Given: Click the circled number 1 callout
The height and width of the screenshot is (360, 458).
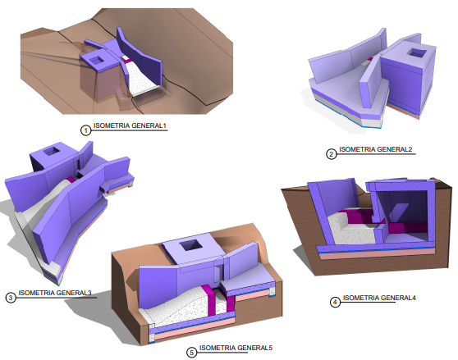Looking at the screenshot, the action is (85, 130).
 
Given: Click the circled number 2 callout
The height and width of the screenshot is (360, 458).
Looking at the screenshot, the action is (331, 153).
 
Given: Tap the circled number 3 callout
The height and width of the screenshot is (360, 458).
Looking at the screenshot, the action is (11, 298).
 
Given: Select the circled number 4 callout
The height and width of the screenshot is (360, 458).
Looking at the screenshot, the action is (335, 302).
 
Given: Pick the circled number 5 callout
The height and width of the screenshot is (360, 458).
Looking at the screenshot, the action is (191, 353).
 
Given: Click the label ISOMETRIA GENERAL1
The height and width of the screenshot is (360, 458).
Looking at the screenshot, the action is (130, 125).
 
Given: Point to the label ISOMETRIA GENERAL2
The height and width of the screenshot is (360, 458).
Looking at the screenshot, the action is (376, 149).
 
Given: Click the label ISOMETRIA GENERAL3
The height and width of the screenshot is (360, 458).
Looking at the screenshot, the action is (55, 293).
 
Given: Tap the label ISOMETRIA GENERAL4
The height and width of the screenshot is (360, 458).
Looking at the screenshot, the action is (379, 298).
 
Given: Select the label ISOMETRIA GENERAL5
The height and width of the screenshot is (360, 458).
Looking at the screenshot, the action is (236, 348).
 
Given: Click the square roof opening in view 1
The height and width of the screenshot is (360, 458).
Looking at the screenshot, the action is (97, 61).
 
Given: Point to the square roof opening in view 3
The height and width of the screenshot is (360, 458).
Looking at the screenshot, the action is (52, 152).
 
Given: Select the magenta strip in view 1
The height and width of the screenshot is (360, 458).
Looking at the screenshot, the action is (126, 62).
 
